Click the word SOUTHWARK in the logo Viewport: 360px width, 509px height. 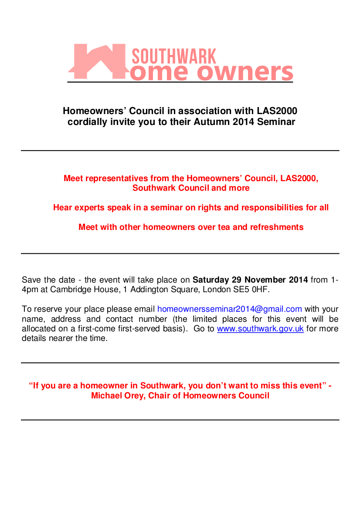coord(173,57)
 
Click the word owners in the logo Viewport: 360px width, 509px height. coord(246,72)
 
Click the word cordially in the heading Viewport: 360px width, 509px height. coord(87,122)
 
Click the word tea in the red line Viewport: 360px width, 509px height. coord(223,227)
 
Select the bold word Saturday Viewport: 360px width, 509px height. coord(211,280)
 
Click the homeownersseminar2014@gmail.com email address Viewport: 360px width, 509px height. coord(230,309)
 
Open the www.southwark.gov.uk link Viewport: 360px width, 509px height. coord(260,329)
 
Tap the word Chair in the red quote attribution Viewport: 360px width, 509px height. coord(160,396)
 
